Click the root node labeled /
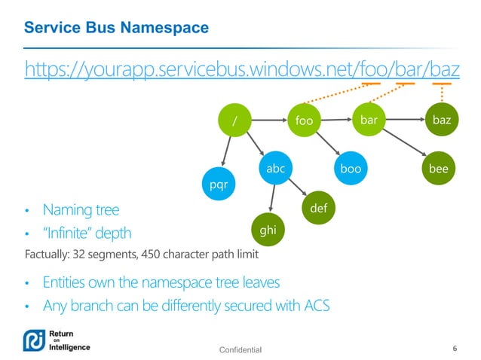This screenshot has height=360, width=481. coord(234,120)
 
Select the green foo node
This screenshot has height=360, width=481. coord(305,121)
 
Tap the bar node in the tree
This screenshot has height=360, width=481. coord(369,119)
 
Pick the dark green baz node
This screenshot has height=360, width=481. coord(440,119)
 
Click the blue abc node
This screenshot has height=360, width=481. coord(276,169)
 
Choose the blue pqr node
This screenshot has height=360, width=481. coord(219,183)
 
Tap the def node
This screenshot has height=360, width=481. coord(318,208)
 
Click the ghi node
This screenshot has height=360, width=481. coord(269,231)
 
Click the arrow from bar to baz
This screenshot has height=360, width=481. coord(404,119)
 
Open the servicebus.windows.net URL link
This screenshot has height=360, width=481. coord(242,69)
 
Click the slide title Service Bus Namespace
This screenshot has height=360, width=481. coord(116,28)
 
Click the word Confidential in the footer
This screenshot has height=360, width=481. coord(240,349)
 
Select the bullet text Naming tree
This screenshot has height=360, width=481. coord(81,209)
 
